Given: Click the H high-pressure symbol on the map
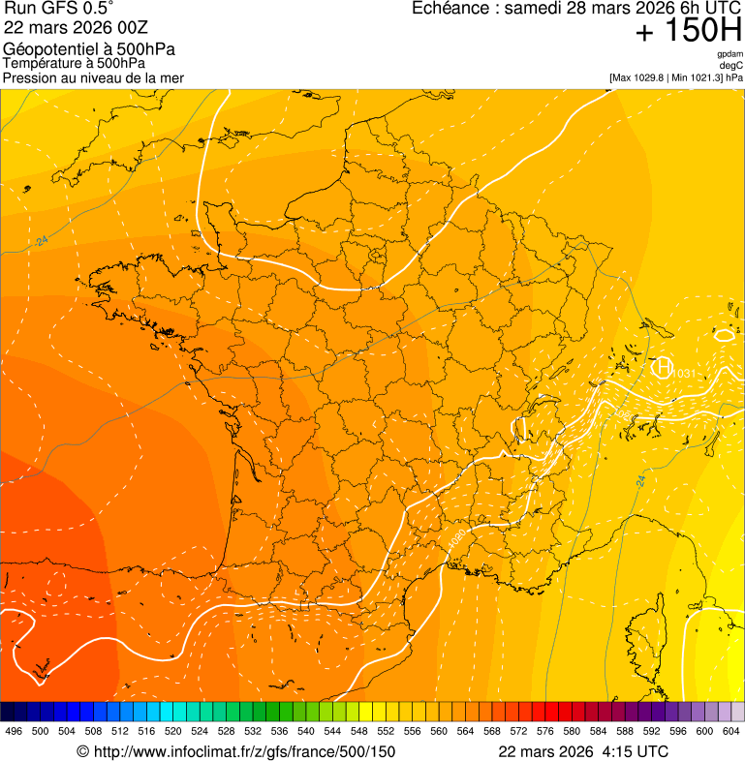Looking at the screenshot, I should coord(663,367).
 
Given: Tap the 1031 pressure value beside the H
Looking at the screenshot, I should coord(684,374).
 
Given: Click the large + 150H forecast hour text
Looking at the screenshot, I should coord(688,31).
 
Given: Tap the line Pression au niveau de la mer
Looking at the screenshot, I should coord(93,77).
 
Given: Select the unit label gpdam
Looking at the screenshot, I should coord(729,54).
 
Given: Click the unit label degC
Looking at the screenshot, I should coord(731,66).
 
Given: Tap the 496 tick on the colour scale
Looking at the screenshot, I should coord(14,731).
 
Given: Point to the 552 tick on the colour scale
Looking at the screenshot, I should coord(386,731).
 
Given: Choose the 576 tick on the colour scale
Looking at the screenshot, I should coord(545,731).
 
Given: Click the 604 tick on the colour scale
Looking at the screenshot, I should coord(731,731).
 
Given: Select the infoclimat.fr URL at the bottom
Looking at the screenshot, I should coord(244,751).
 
